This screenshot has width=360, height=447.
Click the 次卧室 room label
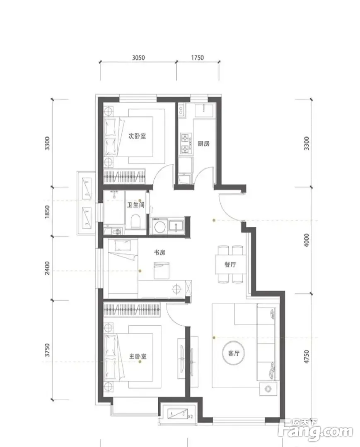click(x=137, y=136)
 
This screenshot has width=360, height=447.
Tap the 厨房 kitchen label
click(x=203, y=143)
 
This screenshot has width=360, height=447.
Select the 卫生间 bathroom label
click(x=136, y=205)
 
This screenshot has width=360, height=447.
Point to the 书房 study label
click(x=159, y=252)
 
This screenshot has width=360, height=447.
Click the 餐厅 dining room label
click(x=230, y=264)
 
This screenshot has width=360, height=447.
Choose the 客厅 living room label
click(x=234, y=353)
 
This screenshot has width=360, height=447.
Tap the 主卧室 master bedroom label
click(x=138, y=356)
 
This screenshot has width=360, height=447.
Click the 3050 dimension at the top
click(x=138, y=58)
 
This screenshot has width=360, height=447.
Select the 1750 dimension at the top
click(x=198, y=58)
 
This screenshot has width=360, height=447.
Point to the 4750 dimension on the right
click(x=307, y=357)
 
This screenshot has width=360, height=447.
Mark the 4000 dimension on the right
click(x=307, y=240)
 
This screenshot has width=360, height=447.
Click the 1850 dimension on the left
click(x=47, y=212)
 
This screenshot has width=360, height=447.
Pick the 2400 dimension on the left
click(x=47, y=268)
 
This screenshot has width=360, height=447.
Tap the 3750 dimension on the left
click(x=47, y=350)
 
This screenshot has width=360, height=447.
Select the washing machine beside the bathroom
click(x=158, y=226)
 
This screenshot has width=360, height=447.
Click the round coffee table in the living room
click(x=234, y=353)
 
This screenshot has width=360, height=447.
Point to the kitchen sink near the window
click(x=203, y=110)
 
